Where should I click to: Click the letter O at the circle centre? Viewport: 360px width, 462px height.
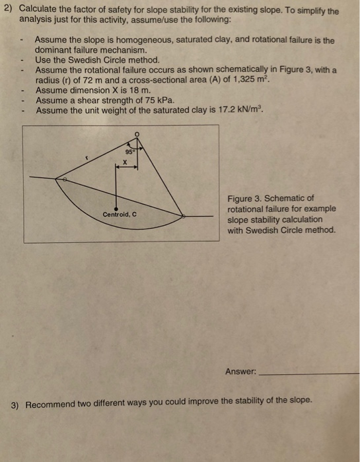[137, 134]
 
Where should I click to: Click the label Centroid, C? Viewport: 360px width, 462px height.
[120, 214]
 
